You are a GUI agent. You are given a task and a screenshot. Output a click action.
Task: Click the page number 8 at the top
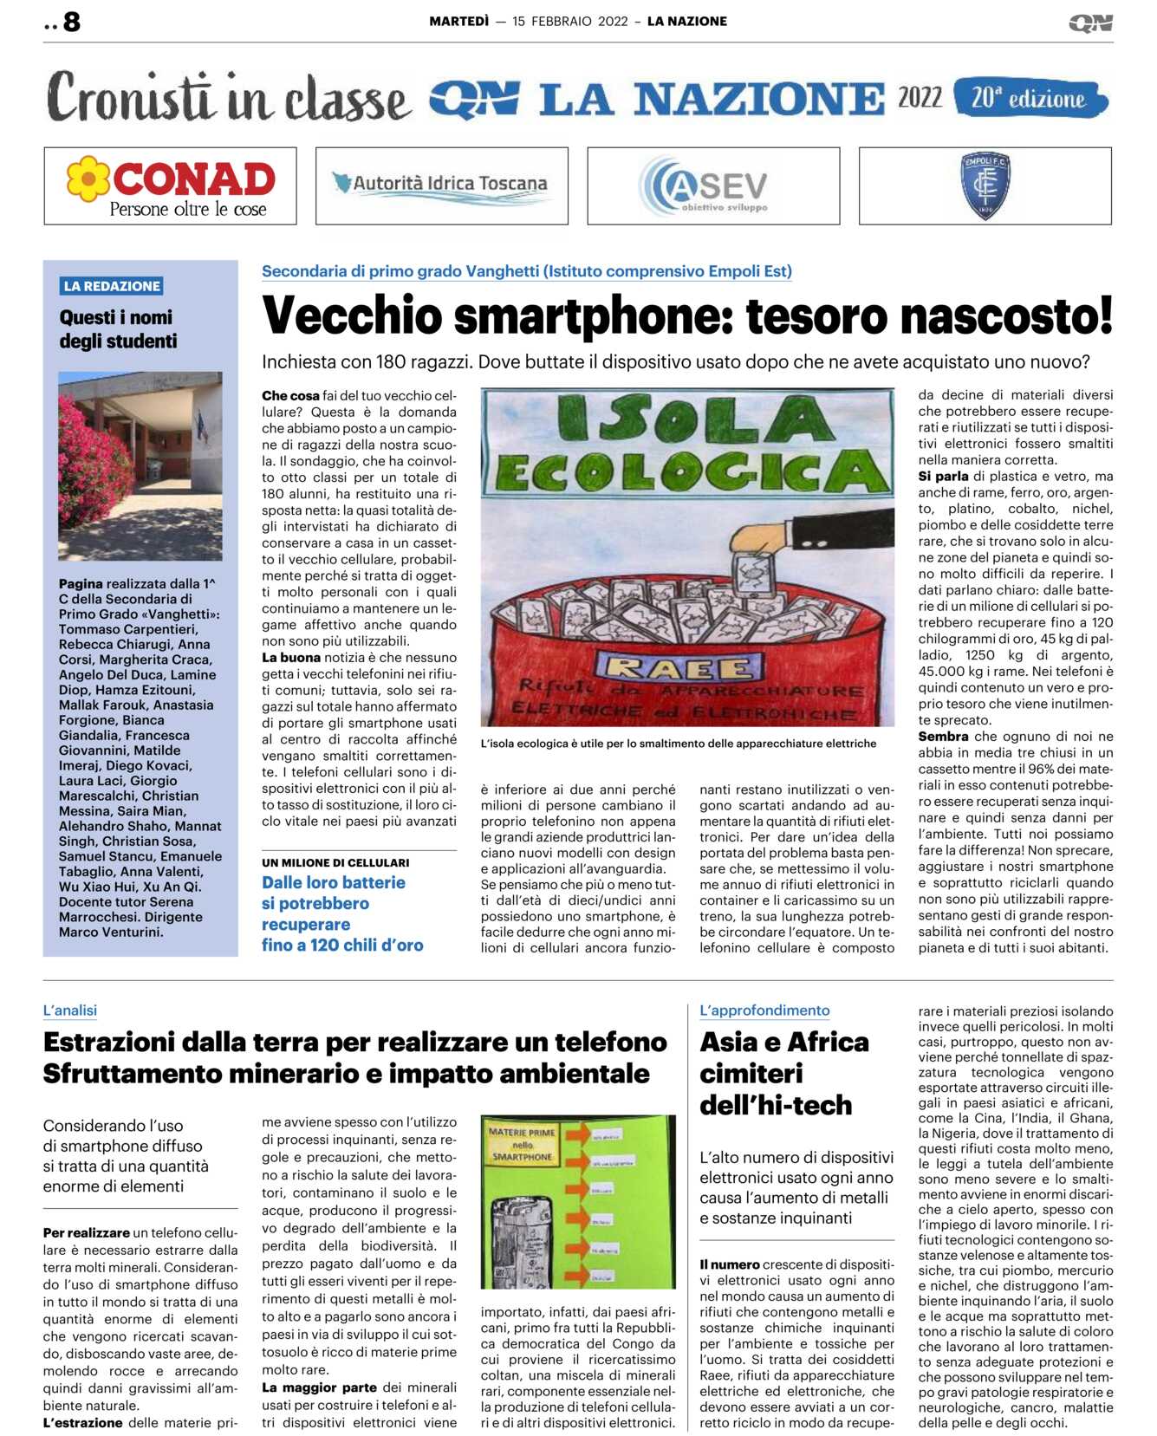[71, 22]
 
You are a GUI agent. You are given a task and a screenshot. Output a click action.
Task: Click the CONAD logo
[171, 186]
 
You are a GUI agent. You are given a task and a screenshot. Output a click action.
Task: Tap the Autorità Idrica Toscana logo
[441, 185]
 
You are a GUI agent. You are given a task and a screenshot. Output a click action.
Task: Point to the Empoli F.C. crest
[985, 185]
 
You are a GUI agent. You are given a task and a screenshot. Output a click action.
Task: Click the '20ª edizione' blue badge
[1030, 98]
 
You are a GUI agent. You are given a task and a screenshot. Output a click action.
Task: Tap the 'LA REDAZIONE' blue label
[112, 286]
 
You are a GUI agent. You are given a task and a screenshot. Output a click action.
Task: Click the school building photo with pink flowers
[140, 465]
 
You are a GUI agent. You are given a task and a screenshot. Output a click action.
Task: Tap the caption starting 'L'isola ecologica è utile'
[678, 744]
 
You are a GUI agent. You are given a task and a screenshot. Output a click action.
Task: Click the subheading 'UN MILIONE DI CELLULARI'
[335, 862]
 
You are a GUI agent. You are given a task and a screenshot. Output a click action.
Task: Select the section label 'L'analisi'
[70, 1010]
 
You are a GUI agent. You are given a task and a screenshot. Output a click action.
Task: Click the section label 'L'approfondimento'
[764, 1010]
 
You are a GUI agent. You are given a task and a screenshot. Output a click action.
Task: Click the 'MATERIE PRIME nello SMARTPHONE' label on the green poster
[523, 1144]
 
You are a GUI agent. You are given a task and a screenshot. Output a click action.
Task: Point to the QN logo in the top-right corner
[1090, 23]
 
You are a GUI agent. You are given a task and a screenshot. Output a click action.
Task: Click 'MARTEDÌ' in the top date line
[458, 22]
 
